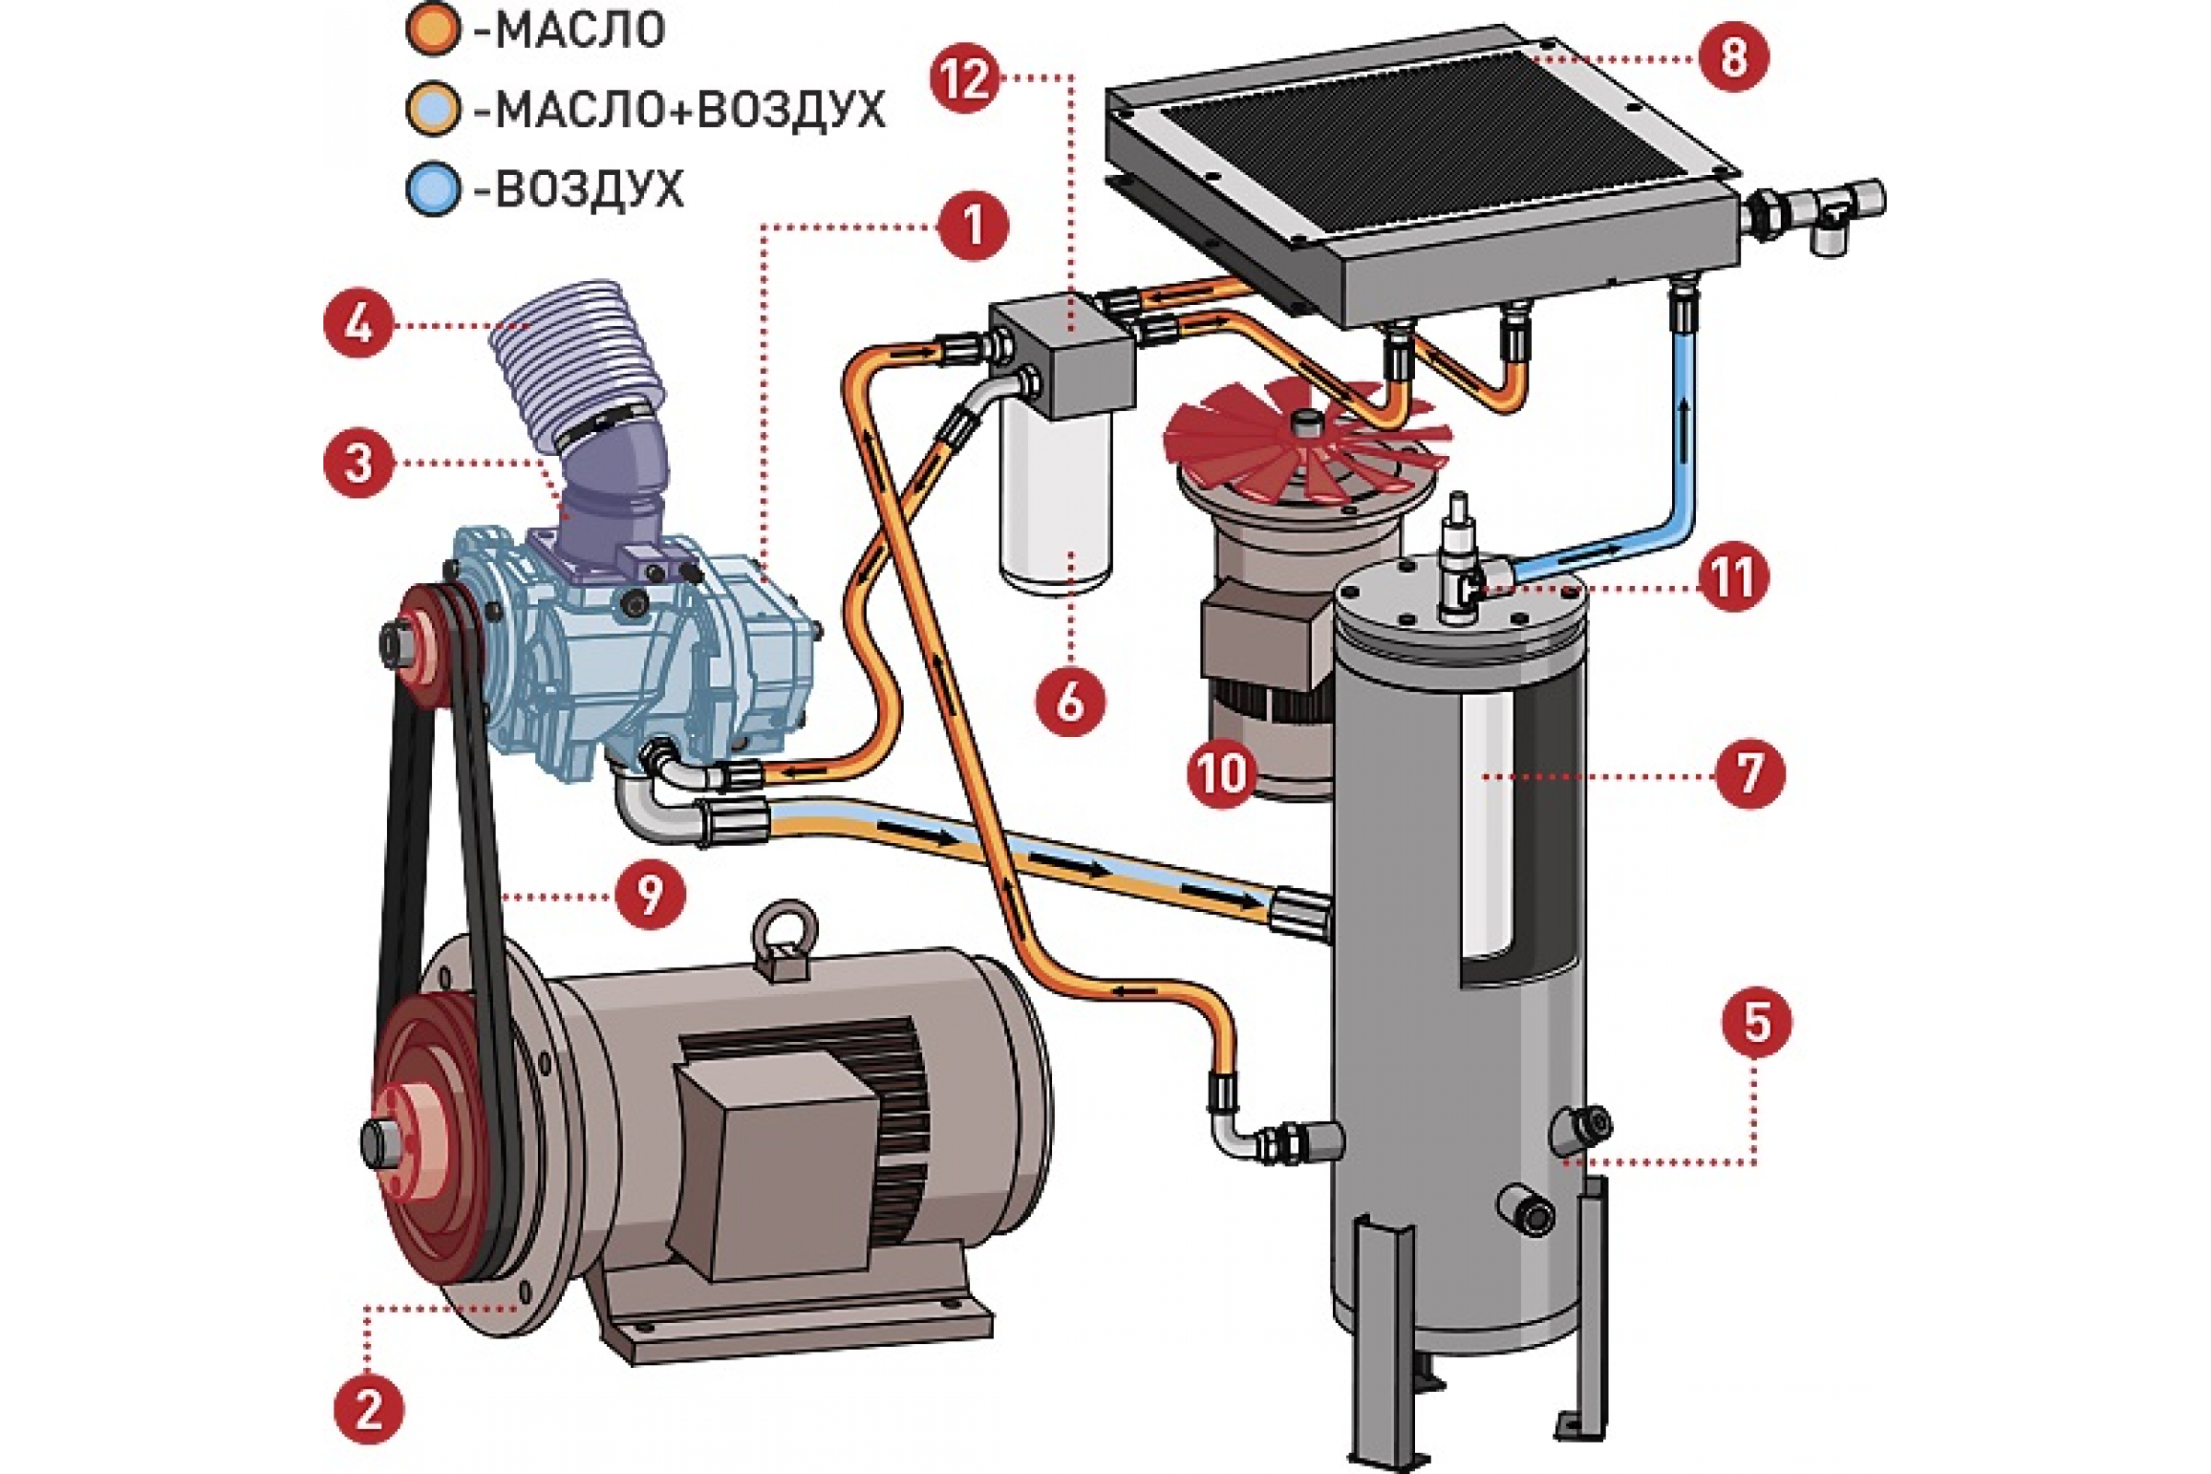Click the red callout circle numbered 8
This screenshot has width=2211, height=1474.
(1733, 57)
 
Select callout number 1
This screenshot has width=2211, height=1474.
(973, 226)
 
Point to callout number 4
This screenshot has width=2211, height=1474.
(358, 325)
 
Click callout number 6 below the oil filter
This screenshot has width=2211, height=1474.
(1070, 701)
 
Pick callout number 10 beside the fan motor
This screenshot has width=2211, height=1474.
(1222, 774)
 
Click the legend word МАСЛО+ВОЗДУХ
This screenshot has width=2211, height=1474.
(689, 110)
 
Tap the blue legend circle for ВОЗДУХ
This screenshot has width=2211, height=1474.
(433, 189)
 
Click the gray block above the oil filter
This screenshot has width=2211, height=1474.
(1062, 353)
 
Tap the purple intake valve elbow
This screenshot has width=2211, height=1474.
(615, 489)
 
